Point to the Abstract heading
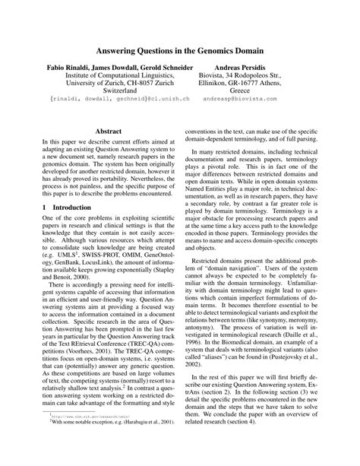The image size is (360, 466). click(104, 131)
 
